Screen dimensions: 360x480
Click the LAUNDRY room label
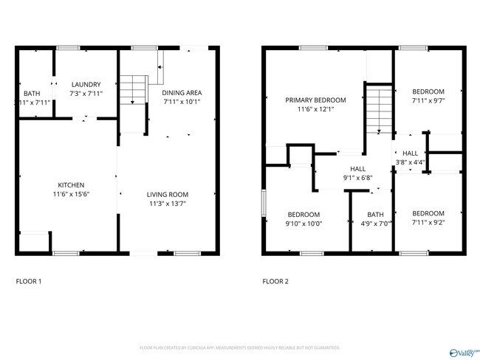tap(86, 84)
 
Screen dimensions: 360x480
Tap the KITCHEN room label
tap(72, 184)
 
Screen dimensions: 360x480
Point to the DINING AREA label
tap(182, 92)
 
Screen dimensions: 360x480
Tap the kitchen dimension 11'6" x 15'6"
tap(72, 194)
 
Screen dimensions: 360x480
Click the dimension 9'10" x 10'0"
tap(304, 223)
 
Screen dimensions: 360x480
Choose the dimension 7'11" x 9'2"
tap(428, 221)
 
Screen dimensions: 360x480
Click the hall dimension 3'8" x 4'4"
tap(410, 162)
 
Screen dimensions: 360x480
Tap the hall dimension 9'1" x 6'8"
tap(357, 178)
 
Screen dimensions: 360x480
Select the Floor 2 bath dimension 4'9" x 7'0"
tap(371, 223)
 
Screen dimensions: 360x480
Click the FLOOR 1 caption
tap(29, 281)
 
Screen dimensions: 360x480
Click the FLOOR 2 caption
tap(276, 281)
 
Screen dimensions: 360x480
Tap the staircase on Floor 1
tap(133, 92)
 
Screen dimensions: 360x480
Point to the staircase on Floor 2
tap(378, 109)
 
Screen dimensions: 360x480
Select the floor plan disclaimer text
tap(239, 347)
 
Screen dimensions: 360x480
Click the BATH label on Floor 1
tap(32, 93)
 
